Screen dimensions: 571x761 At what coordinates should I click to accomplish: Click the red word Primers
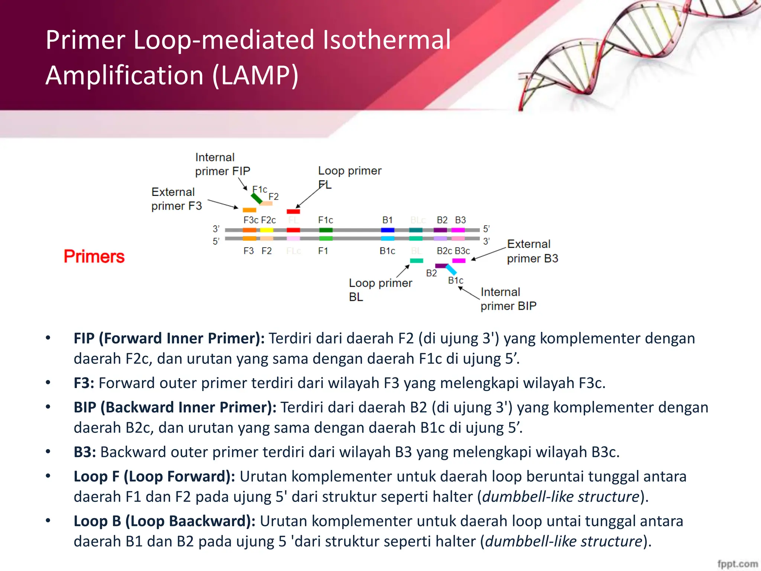94,257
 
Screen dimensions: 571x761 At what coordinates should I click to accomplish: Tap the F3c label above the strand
251,220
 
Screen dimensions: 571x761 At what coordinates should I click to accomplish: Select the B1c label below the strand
387,251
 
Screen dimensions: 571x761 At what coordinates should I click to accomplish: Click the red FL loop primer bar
293,212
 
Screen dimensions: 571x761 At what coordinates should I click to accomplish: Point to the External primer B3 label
532,251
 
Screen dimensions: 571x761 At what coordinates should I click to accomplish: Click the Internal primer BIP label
508,299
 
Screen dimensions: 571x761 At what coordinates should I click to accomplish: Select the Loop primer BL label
380,290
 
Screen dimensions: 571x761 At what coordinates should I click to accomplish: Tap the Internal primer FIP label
222,164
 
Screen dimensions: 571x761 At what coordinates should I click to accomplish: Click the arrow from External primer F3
223,204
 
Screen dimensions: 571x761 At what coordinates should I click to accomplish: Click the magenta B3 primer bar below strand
459,261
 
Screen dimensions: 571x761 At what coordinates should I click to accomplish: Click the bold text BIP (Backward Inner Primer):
175,407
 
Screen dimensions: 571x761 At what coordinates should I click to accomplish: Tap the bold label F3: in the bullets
84,383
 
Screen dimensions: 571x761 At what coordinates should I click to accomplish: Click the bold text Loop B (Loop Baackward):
164,521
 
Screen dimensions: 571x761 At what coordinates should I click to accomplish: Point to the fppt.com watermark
737,564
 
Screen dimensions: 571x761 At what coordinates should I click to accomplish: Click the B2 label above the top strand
442,220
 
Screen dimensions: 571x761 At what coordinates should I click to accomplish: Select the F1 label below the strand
323,251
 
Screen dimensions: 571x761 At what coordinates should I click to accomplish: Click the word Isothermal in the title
386,40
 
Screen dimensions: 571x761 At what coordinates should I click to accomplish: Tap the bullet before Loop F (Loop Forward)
48,476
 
